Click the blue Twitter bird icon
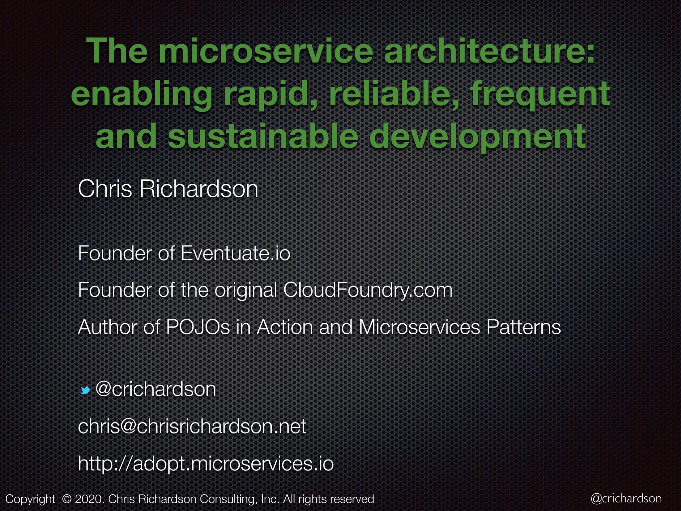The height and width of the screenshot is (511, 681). pyautogui.click(x=85, y=390)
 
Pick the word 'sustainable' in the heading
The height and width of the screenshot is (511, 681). pyautogui.click(x=263, y=136)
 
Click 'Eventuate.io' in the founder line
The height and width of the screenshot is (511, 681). pyautogui.click(x=235, y=254)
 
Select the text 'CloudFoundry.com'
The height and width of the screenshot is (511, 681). pyautogui.click(x=368, y=290)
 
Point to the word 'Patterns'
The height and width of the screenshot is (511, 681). pyautogui.click(x=523, y=327)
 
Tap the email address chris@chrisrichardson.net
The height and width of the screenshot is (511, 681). pyautogui.click(x=192, y=426)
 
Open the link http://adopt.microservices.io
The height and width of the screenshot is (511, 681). pyautogui.click(x=205, y=463)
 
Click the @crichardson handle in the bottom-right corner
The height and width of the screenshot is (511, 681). pyautogui.click(x=626, y=498)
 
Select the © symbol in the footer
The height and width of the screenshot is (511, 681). pyautogui.click(x=67, y=499)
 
